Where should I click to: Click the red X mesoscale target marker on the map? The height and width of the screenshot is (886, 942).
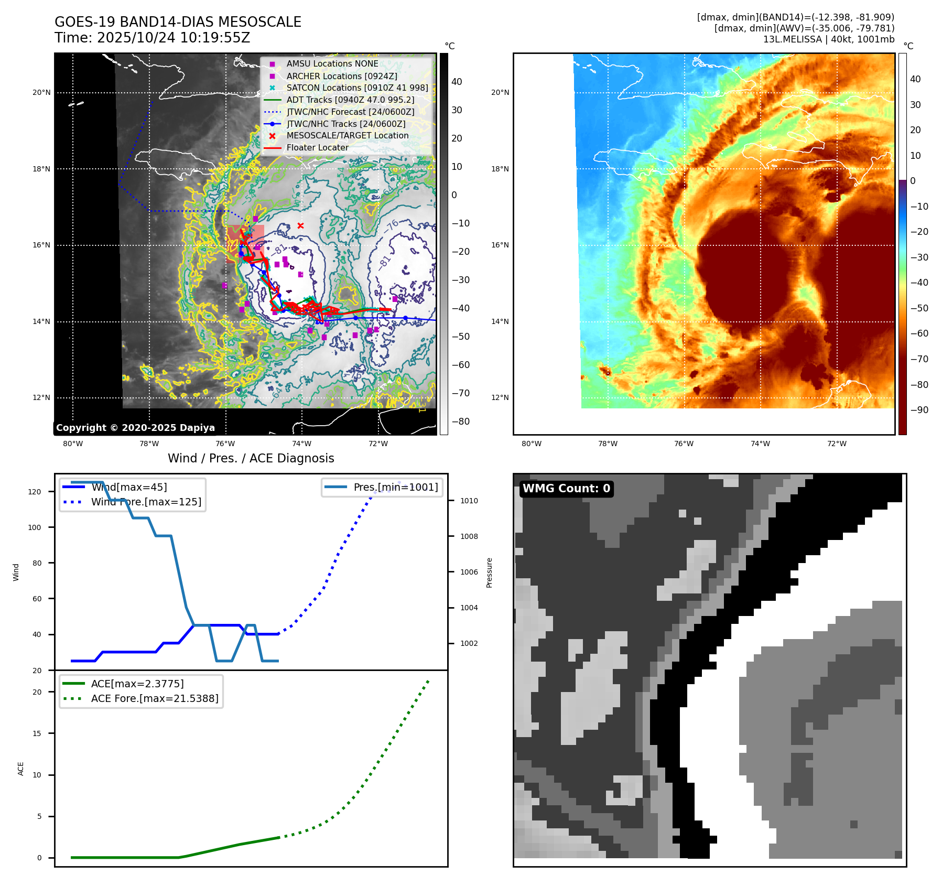pyautogui.click(x=300, y=226)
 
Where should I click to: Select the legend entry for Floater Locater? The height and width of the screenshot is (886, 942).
pyautogui.click(x=317, y=148)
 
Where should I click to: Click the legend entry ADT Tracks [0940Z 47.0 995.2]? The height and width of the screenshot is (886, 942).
pyautogui.click(x=350, y=100)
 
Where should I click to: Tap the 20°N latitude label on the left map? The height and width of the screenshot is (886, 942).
pyautogui.click(x=41, y=93)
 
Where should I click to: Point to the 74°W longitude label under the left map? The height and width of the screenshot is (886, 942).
pyautogui.click(x=301, y=444)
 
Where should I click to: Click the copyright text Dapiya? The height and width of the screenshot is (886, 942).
pyautogui.click(x=135, y=428)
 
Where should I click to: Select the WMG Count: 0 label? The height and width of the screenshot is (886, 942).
pyautogui.click(x=566, y=489)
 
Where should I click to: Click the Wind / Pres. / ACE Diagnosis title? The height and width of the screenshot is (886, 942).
pyautogui.click(x=251, y=458)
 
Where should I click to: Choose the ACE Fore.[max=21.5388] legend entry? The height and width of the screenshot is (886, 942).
pyautogui.click(x=155, y=698)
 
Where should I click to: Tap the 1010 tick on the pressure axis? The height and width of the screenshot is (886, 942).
pyautogui.click(x=469, y=501)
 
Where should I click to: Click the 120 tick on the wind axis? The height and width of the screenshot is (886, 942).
pyautogui.click(x=35, y=492)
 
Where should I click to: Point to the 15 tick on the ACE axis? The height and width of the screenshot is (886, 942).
pyautogui.click(x=37, y=733)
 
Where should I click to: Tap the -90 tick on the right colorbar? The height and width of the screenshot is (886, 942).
pyautogui.click(x=919, y=410)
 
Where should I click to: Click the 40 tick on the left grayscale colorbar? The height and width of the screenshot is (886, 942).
pyautogui.click(x=457, y=82)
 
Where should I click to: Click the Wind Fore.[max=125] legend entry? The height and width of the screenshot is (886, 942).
pyautogui.click(x=146, y=502)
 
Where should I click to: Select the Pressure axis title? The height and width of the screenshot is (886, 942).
pyautogui.click(x=489, y=572)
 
